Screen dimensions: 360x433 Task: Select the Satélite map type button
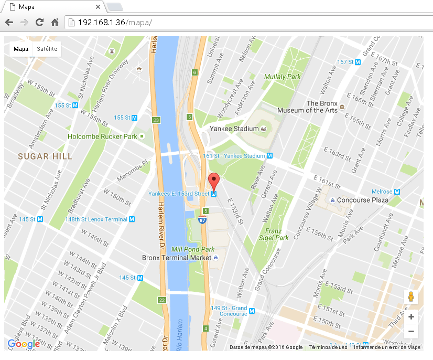[x=47, y=49]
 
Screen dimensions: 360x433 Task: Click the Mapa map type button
[x=21, y=49]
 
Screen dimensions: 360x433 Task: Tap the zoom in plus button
[x=411, y=317]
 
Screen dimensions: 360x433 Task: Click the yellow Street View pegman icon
[x=411, y=297]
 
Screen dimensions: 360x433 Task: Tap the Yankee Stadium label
[x=234, y=129]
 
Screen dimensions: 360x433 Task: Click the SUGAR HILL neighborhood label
[x=45, y=156]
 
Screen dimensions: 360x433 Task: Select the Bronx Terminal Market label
[x=177, y=258]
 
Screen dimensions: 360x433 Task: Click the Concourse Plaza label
[x=362, y=200]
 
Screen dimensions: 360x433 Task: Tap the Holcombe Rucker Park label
[x=102, y=136]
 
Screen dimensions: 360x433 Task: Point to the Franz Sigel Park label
[x=277, y=234]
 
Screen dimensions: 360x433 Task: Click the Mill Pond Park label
[x=193, y=249]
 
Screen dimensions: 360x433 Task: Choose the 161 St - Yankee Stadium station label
[x=234, y=156]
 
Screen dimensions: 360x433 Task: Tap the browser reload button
[x=39, y=22]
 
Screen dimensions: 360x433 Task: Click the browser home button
[x=55, y=22]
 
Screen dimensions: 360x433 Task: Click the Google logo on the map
[x=24, y=344]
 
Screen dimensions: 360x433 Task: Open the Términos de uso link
[x=328, y=347]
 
